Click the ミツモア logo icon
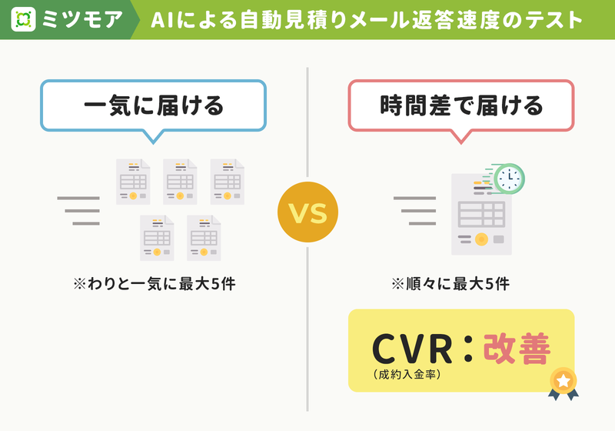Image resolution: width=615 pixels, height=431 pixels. pyautogui.click(x=23, y=19)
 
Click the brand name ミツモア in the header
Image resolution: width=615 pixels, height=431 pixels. pyautogui.click(x=82, y=19)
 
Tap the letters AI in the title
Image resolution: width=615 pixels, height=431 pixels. pyautogui.click(x=161, y=20)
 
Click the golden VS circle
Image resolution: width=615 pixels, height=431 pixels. pyautogui.click(x=307, y=212)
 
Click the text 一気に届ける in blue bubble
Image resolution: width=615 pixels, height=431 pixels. pyautogui.click(x=153, y=106)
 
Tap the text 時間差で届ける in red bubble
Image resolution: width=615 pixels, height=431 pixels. pyautogui.click(x=461, y=106)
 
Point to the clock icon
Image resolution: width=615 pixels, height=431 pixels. pyautogui.click(x=509, y=179)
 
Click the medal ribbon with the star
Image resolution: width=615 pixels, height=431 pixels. pyautogui.click(x=563, y=383)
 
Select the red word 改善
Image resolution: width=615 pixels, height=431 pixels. pyautogui.click(x=517, y=349)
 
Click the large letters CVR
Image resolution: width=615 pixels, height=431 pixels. pyautogui.click(x=412, y=349)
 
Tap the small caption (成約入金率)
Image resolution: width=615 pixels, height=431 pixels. pyautogui.click(x=407, y=375)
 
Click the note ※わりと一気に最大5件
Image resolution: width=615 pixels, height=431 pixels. pyautogui.click(x=155, y=284)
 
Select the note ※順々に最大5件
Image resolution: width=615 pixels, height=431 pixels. pyautogui.click(x=450, y=284)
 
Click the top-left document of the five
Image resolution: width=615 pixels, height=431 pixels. pyautogui.click(x=133, y=182)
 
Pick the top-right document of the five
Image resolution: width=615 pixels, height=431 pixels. pyautogui.click(x=227, y=182)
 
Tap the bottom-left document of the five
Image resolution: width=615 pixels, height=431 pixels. pyautogui.click(x=157, y=238)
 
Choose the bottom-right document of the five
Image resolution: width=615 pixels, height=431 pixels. pyautogui.click(x=204, y=238)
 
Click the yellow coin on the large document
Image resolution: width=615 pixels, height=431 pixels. pyautogui.click(x=481, y=239)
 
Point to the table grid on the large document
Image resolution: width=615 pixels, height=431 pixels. pyautogui.click(x=481, y=214)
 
